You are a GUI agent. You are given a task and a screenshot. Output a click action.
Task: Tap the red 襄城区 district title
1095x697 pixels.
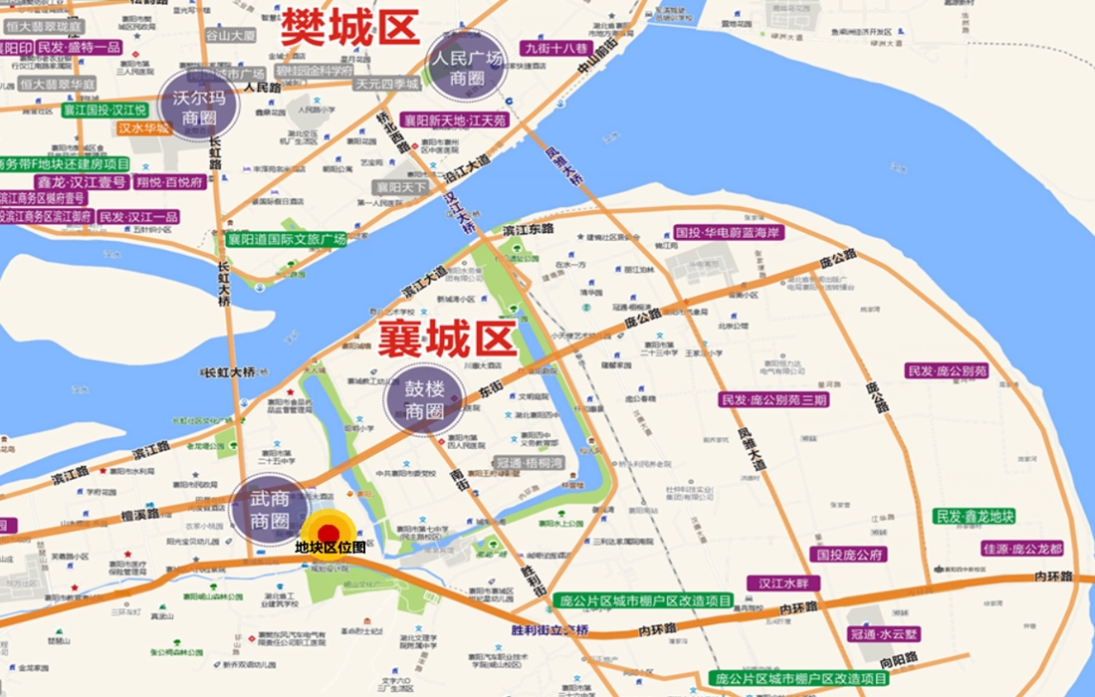click(447, 340)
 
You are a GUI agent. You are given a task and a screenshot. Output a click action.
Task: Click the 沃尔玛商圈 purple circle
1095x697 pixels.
click(201, 108)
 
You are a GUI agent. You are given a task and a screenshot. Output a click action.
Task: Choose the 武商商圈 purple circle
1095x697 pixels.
click(270, 510)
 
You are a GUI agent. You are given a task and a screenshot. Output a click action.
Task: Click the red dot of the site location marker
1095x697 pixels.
click(328, 533)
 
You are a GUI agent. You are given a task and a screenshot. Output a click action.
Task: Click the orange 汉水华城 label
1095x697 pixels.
click(144, 127)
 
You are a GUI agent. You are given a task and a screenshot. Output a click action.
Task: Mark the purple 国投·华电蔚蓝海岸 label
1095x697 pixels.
click(730, 232)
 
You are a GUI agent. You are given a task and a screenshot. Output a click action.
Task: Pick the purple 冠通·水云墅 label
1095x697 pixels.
click(885, 633)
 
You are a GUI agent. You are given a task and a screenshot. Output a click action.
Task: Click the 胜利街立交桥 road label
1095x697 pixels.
click(549, 630)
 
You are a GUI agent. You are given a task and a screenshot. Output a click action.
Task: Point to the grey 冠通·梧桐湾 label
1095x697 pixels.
click(531, 463)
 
